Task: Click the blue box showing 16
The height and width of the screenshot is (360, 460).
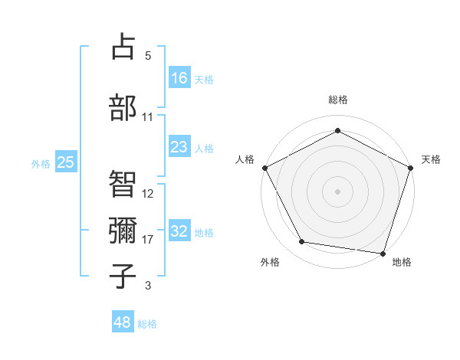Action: [179, 77]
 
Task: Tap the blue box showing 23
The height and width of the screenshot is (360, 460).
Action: [179, 147]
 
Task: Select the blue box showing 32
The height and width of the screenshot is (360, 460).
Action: [179, 231]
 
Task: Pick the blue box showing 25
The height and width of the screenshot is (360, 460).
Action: [65, 162]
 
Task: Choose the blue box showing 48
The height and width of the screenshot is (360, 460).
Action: [123, 322]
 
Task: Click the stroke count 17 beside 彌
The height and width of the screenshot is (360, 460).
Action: [148, 240]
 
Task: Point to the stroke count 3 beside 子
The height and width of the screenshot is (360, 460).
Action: [148, 286]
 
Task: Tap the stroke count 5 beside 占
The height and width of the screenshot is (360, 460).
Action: [148, 56]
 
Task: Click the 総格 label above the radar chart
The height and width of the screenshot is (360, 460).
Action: [337, 100]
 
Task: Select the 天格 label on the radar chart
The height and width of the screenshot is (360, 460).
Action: [431, 159]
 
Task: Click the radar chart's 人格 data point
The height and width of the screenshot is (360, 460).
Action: [264, 167]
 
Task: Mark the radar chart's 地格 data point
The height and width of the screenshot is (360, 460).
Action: [383, 252]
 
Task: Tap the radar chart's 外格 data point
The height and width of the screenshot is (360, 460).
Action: [302, 242]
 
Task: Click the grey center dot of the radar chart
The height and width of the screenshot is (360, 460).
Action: [337, 191]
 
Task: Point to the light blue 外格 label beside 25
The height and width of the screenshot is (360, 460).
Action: [41, 163]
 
